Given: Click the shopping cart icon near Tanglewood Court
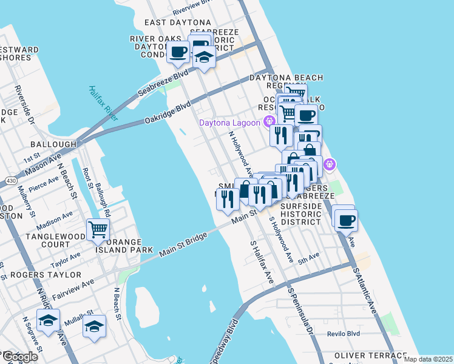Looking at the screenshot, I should pyautogui.click(x=98, y=230).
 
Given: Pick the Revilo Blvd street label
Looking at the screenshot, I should pyautogui.click(x=344, y=334).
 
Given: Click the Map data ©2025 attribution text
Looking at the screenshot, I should pyautogui.click(x=428, y=359).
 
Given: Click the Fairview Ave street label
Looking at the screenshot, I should pyautogui.click(x=72, y=282).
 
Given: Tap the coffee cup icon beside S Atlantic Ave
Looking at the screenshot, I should pyautogui.click(x=346, y=221).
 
